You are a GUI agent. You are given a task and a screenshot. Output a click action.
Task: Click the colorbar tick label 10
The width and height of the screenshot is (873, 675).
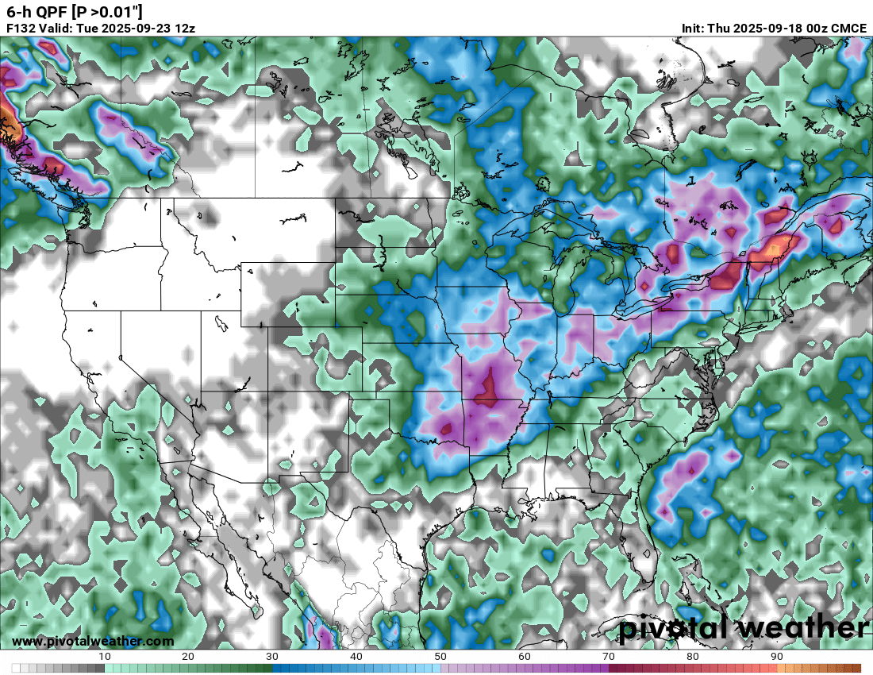click(105, 657)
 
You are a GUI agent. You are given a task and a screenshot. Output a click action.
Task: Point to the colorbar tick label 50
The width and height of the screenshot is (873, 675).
click(440, 657)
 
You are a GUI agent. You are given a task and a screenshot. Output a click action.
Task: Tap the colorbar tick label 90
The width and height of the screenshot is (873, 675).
click(777, 657)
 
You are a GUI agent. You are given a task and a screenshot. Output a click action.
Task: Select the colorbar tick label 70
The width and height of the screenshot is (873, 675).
click(609, 657)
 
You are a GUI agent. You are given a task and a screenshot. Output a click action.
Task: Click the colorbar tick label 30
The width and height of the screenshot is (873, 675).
click(272, 657)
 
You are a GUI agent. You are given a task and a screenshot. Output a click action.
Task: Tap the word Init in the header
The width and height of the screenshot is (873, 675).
click(693, 28)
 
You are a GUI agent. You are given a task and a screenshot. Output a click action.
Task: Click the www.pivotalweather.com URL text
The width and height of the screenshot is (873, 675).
click(93, 641)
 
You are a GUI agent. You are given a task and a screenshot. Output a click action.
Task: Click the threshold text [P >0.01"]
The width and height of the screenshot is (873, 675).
click(107, 11)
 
